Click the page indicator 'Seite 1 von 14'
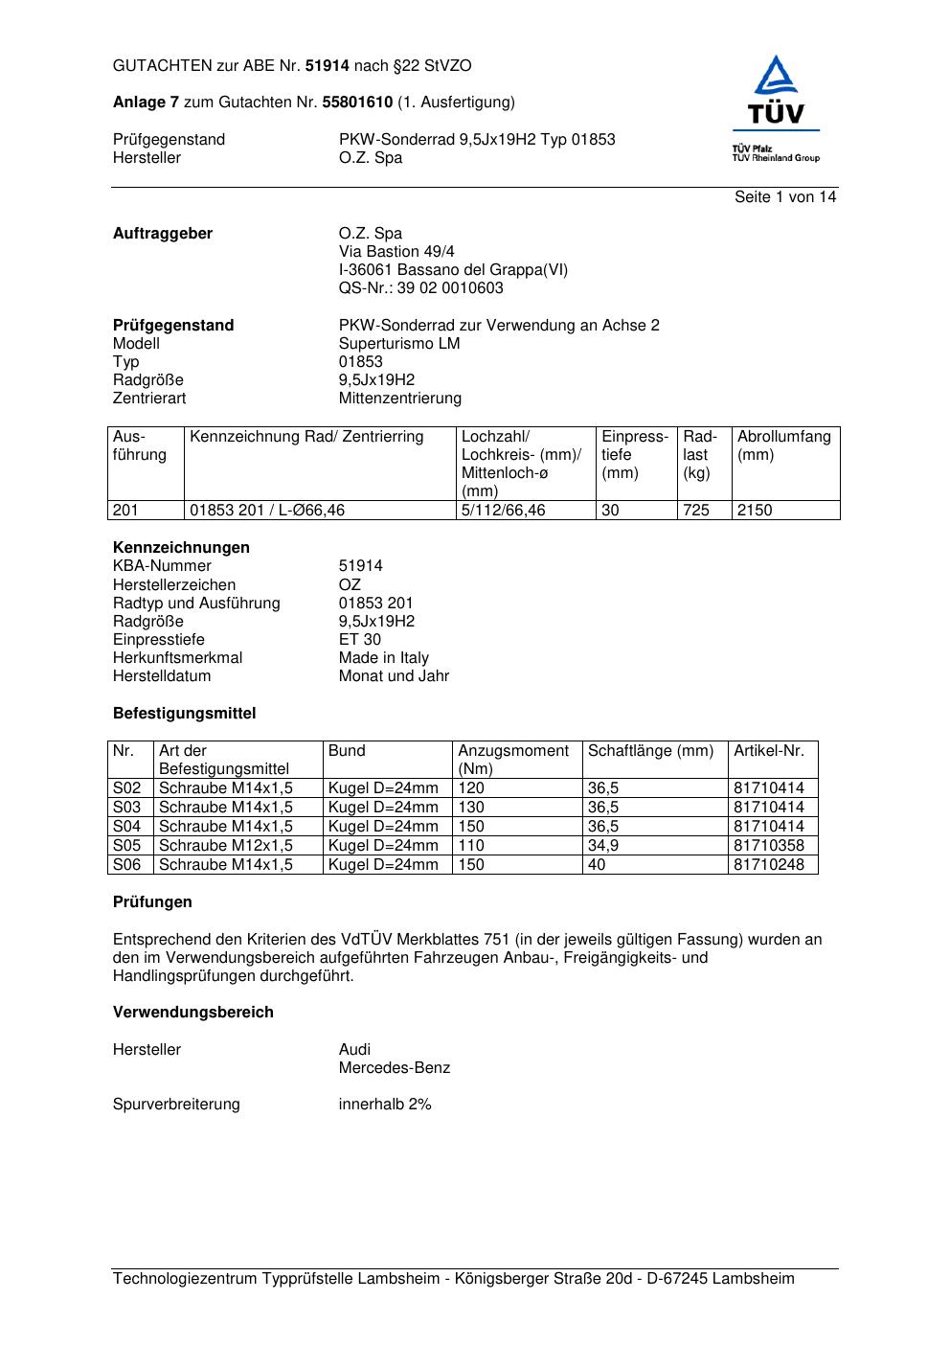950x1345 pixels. (x=785, y=196)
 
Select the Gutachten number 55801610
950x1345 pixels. (x=357, y=102)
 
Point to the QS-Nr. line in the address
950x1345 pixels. (x=420, y=287)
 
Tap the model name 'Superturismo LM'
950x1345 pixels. (x=399, y=343)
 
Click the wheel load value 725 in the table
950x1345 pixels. (x=696, y=510)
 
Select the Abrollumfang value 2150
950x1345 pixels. (x=755, y=510)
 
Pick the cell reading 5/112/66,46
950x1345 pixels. (x=503, y=510)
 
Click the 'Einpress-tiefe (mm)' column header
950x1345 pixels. (x=635, y=454)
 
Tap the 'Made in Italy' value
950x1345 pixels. (x=383, y=657)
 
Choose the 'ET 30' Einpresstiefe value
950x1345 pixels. (x=360, y=639)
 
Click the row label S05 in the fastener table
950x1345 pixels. (x=127, y=845)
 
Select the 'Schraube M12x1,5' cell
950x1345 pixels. (x=226, y=845)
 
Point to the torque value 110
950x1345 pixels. (x=471, y=845)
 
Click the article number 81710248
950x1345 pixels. (x=769, y=864)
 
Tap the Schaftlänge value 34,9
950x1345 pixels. (x=603, y=845)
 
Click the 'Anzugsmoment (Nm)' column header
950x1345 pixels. (x=513, y=759)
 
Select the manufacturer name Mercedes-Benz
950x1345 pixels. (x=394, y=1067)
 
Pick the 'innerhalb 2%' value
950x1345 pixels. (x=385, y=1104)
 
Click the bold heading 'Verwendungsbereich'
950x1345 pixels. (x=193, y=1012)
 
